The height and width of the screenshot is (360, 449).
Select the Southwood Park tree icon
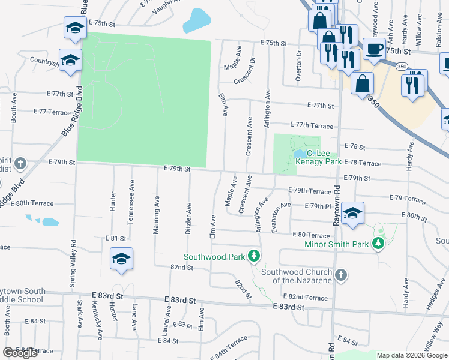tap(255, 256)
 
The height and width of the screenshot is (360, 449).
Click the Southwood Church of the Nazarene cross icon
tap(341, 275)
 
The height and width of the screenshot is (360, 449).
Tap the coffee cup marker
tap(374, 49)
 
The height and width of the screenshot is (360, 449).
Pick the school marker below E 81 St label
tap(121, 259)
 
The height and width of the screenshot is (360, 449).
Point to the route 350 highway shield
tap(400, 67)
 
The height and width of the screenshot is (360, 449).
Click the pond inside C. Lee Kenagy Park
tap(299, 155)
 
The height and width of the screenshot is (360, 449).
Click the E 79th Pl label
tap(322, 206)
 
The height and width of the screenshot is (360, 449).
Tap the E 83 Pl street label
tap(181, 325)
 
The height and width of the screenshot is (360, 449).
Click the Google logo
tap(20, 353)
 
